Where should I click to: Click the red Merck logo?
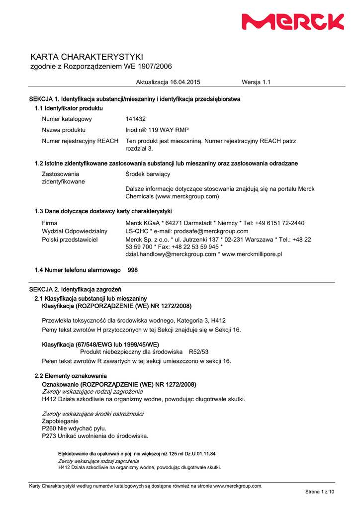[293, 22]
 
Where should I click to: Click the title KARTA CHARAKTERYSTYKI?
[87, 57]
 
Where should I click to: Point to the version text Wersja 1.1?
[256, 82]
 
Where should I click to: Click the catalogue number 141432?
[136, 119]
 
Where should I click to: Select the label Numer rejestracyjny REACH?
[80, 141]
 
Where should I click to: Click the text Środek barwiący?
[148, 174]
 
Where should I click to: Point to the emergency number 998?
[133, 270]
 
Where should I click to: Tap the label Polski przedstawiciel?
[70, 240]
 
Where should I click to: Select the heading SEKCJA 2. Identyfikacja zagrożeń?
[75, 289]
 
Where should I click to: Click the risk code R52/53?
[199, 351]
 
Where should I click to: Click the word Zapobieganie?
[60, 421]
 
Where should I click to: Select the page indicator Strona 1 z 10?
[320, 492]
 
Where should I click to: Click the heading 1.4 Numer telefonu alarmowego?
[78, 270]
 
